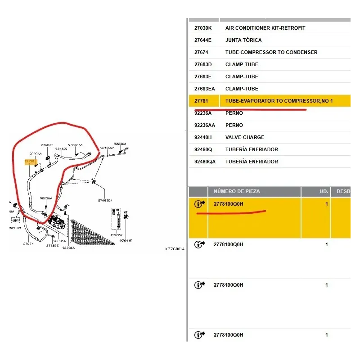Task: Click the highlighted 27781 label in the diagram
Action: [29, 161]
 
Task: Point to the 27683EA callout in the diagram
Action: [105, 200]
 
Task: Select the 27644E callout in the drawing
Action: [126, 241]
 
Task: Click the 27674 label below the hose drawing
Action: [28, 243]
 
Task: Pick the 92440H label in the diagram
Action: [14, 228]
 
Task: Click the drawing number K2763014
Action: [175, 248]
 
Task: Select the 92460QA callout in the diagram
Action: [107, 148]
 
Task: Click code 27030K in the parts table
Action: [203, 28]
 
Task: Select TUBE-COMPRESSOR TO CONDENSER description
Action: [271, 52]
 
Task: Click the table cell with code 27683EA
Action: [204, 89]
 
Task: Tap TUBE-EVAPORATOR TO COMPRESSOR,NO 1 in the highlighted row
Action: [279, 101]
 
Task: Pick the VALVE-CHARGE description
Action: [245, 137]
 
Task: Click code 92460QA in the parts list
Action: [205, 162]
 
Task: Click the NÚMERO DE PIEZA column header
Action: [237, 191]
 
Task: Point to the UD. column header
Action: [324, 191]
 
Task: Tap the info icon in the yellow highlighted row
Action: [199, 204]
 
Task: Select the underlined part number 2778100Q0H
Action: [228, 204]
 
